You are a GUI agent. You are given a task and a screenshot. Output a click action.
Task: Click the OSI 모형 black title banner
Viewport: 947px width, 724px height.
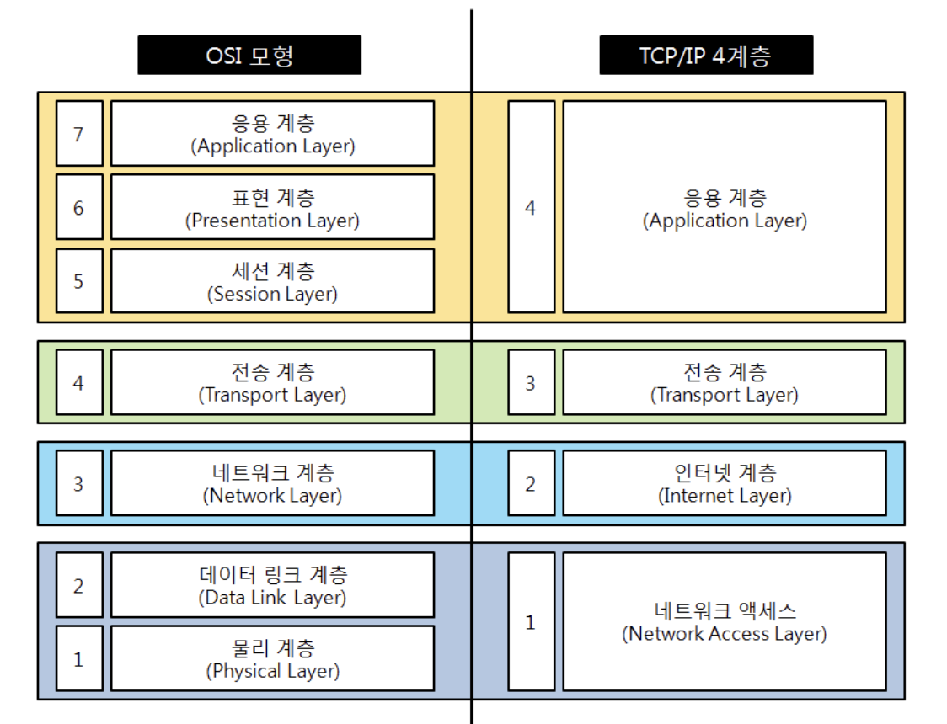[249, 56]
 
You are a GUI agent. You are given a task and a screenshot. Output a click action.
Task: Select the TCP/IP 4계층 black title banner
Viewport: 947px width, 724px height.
[706, 56]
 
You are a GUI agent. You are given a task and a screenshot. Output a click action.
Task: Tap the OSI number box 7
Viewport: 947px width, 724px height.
[79, 133]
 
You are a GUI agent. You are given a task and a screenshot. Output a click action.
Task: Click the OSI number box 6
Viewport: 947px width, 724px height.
[79, 207]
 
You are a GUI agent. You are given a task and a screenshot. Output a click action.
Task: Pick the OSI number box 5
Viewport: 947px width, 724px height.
[79, 280]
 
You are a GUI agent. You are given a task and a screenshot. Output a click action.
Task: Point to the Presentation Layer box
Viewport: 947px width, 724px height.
[272, 207]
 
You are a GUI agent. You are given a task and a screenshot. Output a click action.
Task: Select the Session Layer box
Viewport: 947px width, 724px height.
[272, 280]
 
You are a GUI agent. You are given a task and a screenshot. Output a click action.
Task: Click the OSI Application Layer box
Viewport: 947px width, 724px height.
[272, 133]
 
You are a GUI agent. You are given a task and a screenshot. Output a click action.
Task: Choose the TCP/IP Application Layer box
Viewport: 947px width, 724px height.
[725, 207]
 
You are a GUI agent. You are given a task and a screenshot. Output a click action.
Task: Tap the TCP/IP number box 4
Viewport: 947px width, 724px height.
[531, 207]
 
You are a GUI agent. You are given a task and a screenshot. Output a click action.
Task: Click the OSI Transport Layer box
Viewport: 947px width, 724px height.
[272, 382]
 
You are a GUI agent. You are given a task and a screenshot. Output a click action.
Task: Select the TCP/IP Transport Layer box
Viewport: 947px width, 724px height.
[725, 382]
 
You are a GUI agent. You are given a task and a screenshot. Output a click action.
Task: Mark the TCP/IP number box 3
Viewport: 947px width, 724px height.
[531, 382]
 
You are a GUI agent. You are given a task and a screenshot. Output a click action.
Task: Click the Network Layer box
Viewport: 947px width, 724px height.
[272, 483]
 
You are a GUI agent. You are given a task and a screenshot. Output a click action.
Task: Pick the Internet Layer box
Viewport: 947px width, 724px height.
[725, 483]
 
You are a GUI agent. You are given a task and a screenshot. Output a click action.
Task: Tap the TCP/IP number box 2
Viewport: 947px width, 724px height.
[531, 483]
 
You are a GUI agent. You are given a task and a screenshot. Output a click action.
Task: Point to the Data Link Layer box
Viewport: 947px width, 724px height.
[272, 585]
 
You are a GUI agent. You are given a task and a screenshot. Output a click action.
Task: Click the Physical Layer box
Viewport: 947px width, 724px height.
[272, 658]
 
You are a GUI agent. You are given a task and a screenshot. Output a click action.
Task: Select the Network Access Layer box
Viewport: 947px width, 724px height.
[725, 621]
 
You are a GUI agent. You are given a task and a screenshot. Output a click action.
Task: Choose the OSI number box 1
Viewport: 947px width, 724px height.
[79, 658]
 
